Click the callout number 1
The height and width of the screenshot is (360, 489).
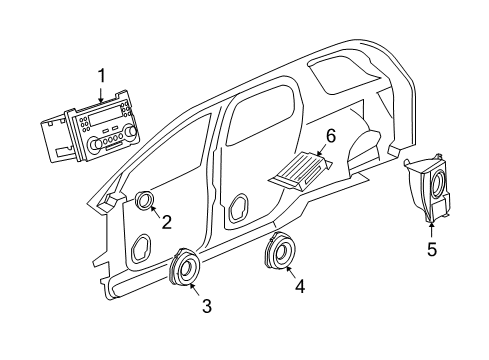[x=101, y=75]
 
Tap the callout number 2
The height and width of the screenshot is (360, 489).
[x=168, y=222]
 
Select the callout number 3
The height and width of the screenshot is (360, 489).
[x=207, y=306]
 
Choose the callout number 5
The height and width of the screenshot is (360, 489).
[x=432, y=249]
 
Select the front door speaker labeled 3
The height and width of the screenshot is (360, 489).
[x=185, y=268]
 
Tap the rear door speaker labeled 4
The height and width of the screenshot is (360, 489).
[x=278, y=253]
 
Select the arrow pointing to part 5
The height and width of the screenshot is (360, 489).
[x=432, y=228]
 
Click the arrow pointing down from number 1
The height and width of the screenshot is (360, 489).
[x=101, y=93]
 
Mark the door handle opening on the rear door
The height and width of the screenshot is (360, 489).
[x=240, y=208]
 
